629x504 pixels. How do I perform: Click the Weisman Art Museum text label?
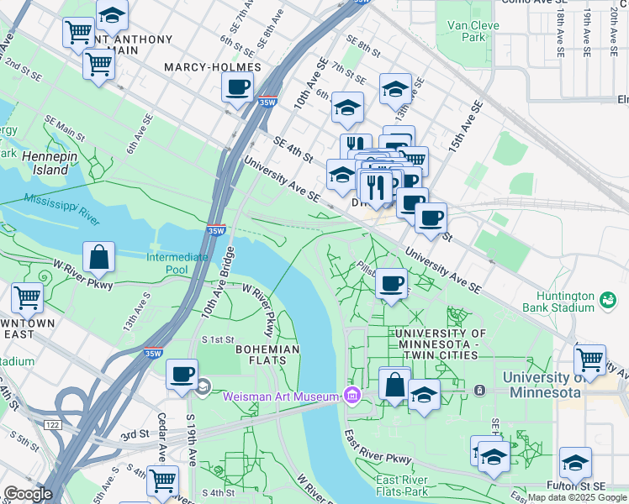point(280,396)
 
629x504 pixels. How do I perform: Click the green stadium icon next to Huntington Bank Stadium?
point(605,298)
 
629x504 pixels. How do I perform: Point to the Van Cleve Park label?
point(473,31)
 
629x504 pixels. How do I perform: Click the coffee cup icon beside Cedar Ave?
point(182,374)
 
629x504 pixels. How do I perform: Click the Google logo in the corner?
point(27,494)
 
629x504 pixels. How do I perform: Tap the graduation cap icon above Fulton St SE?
point(576,462)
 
